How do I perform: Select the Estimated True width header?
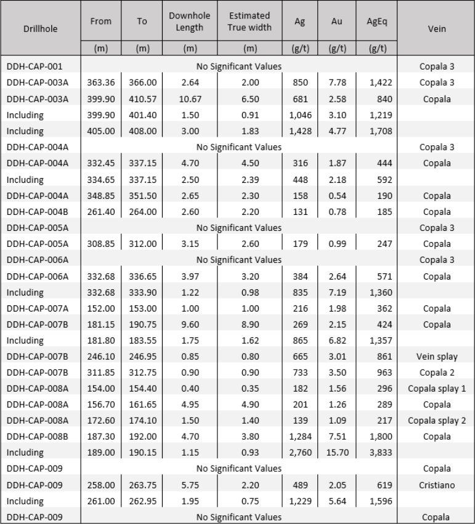click(x=250, y=22)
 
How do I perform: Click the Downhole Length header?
click(x=189, y=22)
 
